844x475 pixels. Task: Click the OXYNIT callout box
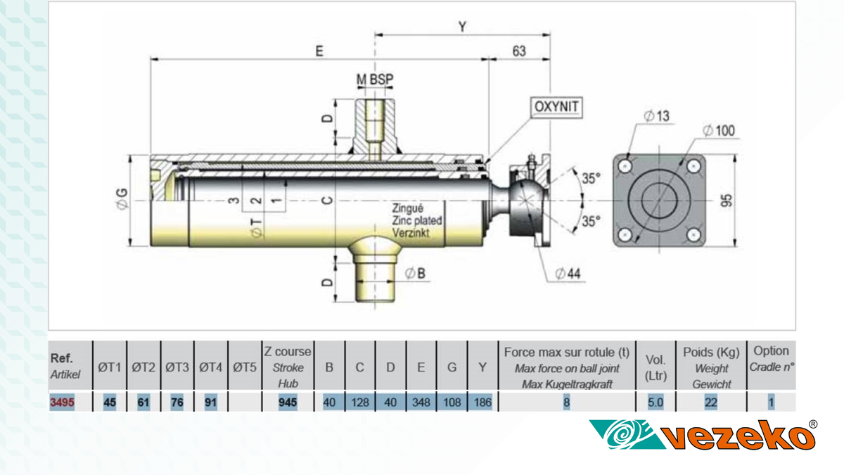558,108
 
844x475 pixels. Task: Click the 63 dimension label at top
519,51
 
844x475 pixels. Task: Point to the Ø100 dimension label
719,131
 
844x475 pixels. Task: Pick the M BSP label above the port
375,80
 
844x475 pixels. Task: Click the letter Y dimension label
462,27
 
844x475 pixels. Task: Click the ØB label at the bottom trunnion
416,273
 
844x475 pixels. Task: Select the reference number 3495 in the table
62,403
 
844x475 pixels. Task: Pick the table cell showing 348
421,403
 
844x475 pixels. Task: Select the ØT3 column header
177,367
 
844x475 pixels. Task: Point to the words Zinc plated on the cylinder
417,220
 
